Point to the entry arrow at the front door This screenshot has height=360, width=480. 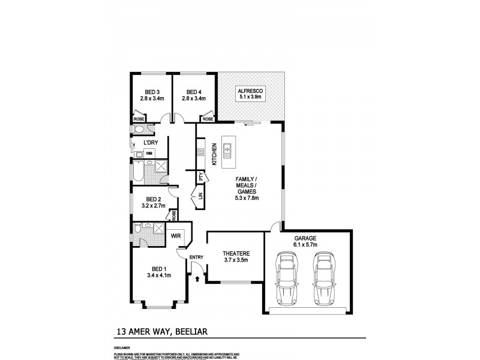[x=197, y=278]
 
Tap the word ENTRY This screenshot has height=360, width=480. [x=197, y=257]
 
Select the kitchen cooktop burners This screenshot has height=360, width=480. [x=200, y=154]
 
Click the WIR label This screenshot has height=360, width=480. [x=176, y=236]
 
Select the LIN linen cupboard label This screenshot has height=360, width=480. [x=201, y=196]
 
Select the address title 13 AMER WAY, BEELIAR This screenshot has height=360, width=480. [x=162, y=330]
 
